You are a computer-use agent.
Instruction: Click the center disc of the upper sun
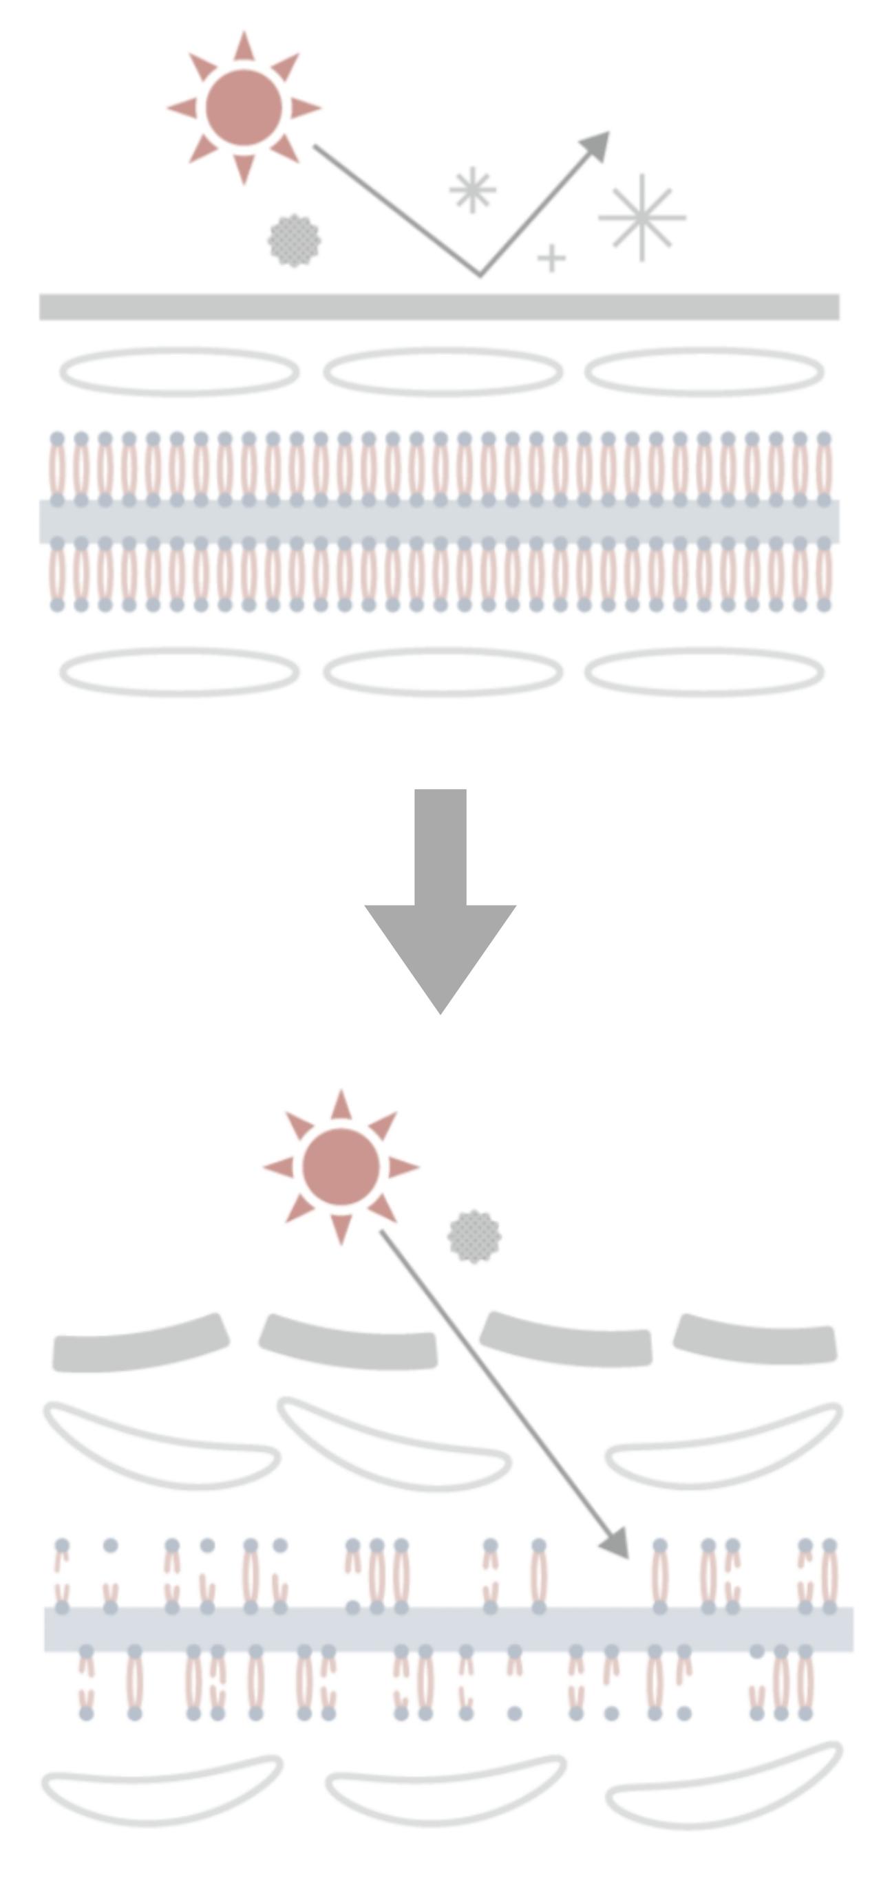pyautogui.click(x=244, y=108)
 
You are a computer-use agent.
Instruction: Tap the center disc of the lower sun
pyautogui.click(x=341, y=1167)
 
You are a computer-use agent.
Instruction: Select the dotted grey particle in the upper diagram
pyautogui.click(x=294, y=241)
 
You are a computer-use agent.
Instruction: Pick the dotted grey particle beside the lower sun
pyautogui.click(x=474, y=1236)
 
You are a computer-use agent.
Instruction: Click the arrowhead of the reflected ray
pyautogui.click(x=599, y=144)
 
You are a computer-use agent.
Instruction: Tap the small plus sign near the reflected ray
pyautogui.click(x=551, y=257)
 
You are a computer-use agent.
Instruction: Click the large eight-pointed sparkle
pyautogui.click(x=641, y=217)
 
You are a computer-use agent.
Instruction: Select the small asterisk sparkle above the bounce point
pyautogui.click(x=473, y=191)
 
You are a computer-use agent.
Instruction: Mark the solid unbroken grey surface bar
pyautogui.click(x=439, y=307)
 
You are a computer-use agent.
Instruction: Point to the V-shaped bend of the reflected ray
pyautogui.click(x=479, y=274)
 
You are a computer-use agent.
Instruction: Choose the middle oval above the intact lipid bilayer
pyautogui.click(x=443, y=371)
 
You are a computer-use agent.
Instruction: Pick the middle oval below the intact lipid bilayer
pyautogui.click(x=443, y=672)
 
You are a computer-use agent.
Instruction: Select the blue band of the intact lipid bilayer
pyautogui.click(x=439, y=521)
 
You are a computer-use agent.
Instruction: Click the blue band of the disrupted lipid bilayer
pyautogui.click(x=448, y=1629)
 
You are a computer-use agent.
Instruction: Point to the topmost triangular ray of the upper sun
pyautogui.click(x=244, y=47)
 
